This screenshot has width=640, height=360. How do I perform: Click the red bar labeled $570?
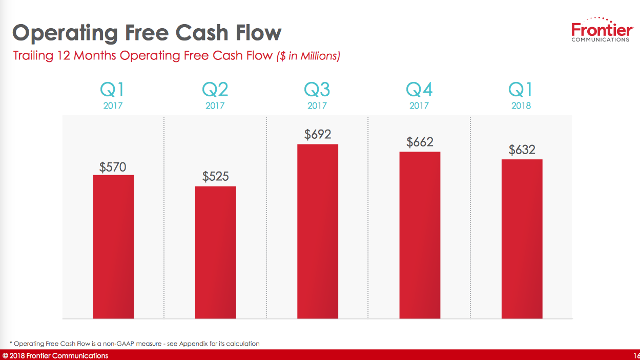click(x=113, y=247)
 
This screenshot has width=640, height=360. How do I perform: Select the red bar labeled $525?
click(x=215, y=252)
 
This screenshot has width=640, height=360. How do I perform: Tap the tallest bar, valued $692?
click(x=318, y=231)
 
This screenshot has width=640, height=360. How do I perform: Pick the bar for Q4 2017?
click(x=420, y=235)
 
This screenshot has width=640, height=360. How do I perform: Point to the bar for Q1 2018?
click(x=522, y=239)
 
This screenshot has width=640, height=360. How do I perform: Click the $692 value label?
click(x=318, y=135)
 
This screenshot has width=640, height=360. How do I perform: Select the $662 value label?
click(x=420, y=142)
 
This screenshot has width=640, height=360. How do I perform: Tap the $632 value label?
click(x=522, y=150)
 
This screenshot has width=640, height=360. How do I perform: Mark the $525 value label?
click(x=215, y=177)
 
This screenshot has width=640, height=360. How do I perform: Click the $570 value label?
click(x=113, y=167)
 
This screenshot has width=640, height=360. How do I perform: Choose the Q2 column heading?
click(x=215, y=90)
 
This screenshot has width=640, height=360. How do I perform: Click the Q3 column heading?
click(x=317, y=90)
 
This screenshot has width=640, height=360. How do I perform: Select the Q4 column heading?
click(x=419, y=90)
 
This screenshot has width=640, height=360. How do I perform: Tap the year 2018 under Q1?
click(x=521, y=106)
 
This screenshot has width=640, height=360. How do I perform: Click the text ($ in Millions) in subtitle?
click(x=308, y=56)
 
